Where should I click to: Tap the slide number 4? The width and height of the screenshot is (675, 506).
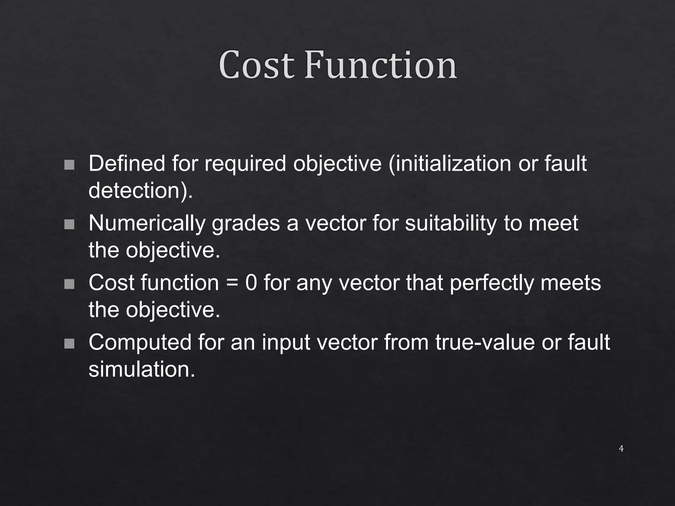point(621,448)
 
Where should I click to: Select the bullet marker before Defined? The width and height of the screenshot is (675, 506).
point(69,165)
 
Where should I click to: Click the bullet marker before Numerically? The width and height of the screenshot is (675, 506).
point(69,224)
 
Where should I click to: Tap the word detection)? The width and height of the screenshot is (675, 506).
point(140,190)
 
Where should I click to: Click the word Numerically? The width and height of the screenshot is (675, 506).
point(146,223)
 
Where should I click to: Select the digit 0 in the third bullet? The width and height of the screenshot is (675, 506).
point(251,283)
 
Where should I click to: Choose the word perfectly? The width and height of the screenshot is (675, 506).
point(491,283)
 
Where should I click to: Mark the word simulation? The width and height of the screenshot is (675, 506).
point(142,369)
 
